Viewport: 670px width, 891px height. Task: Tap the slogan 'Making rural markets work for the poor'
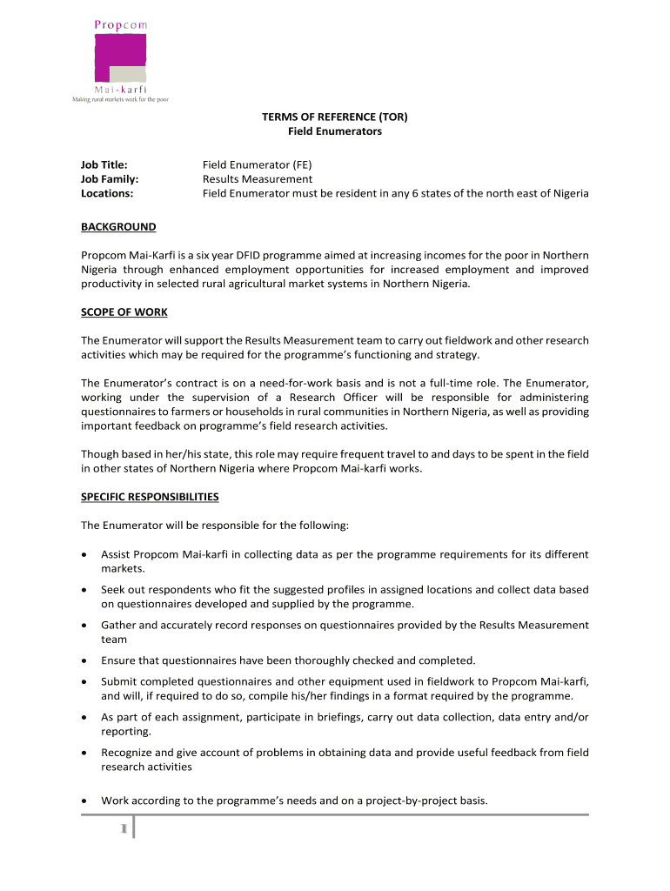(x=119, y=100)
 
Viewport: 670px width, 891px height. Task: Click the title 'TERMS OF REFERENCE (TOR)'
(x=335, y=116)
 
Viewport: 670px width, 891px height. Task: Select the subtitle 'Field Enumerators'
(x=335, y=131)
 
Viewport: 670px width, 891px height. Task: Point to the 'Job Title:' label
(x=104, y=164)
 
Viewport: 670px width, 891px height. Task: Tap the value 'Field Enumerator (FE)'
(x=257, y=164)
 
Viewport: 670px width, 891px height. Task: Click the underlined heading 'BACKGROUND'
(x=118, y=227)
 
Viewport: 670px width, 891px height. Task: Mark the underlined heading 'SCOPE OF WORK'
(x=124, y=312)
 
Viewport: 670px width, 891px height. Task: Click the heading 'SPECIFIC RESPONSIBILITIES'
(x=150, y=497)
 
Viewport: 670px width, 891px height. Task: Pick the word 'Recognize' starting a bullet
(x=129, y=752)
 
